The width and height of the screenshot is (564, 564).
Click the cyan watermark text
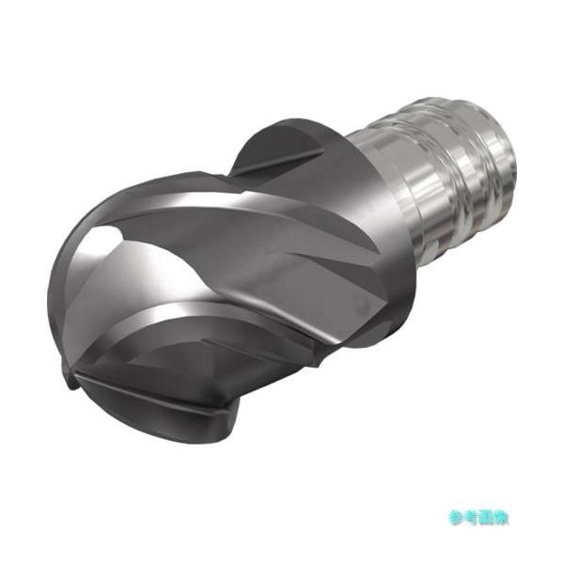[x=478, y=518]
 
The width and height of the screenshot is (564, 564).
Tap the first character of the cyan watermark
[x=457, y=518]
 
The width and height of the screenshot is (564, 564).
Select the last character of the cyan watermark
[x=501, y=518]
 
